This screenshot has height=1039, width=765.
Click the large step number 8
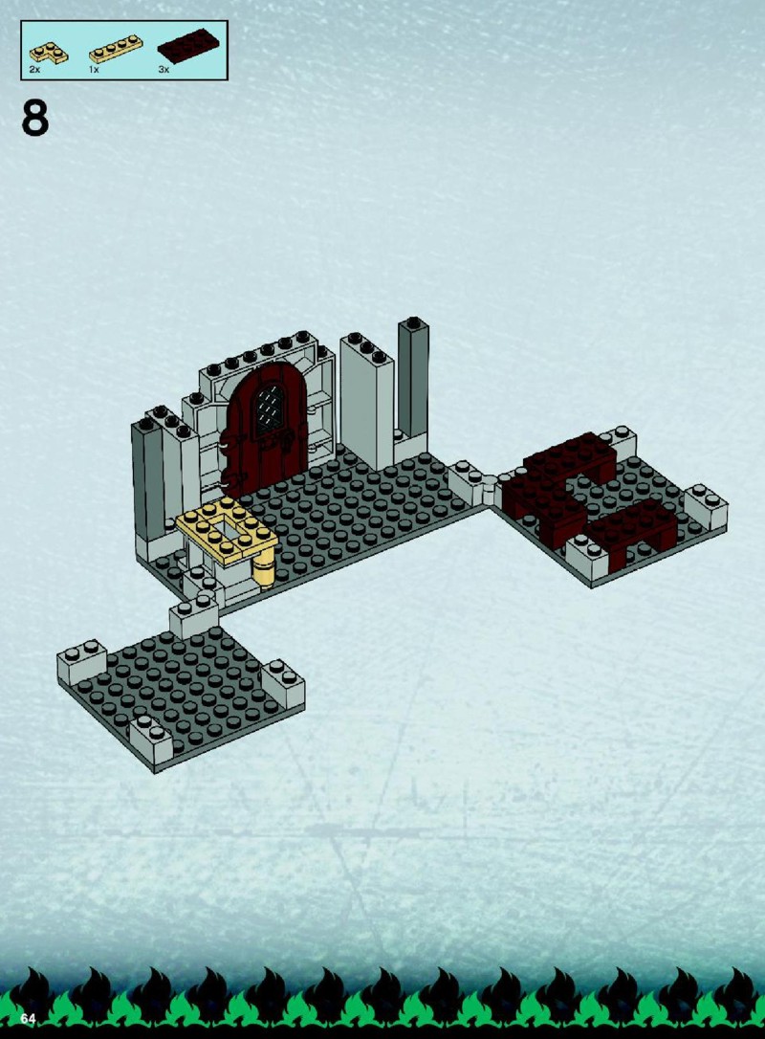tap(35, 118)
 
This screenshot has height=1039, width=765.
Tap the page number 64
tap(28, 1019)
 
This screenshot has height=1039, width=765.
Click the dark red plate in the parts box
tap(188, 45)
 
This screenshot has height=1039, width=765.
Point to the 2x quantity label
tap(34, 70)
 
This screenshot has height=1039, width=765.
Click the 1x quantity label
tap(94, 70)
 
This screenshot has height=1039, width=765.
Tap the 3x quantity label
tap(164, 70)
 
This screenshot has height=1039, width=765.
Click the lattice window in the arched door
tap(271, 409)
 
